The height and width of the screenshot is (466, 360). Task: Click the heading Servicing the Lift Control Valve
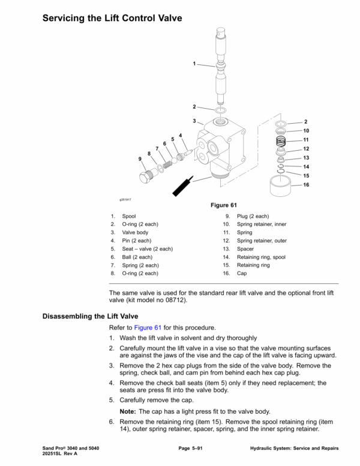click(x=112, y=19)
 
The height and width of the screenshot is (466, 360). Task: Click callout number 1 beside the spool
click(x=194, y=63)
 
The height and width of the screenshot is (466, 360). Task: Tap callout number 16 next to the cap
click(x=306, y=184)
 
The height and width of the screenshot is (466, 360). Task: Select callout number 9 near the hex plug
click(x=140, y=159)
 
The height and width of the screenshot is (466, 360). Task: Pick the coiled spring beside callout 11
click(x=280, y=141)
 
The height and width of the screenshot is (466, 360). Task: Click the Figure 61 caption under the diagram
click(x=223, y=205)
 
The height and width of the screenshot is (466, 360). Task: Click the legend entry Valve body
click(x=135, y=232)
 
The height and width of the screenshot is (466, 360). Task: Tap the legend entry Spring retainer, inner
click(x=258, y=224)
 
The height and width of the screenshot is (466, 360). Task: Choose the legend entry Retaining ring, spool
click(x=261, y=257)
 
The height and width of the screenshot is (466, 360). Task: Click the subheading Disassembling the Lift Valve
click(x=90, y=315)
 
